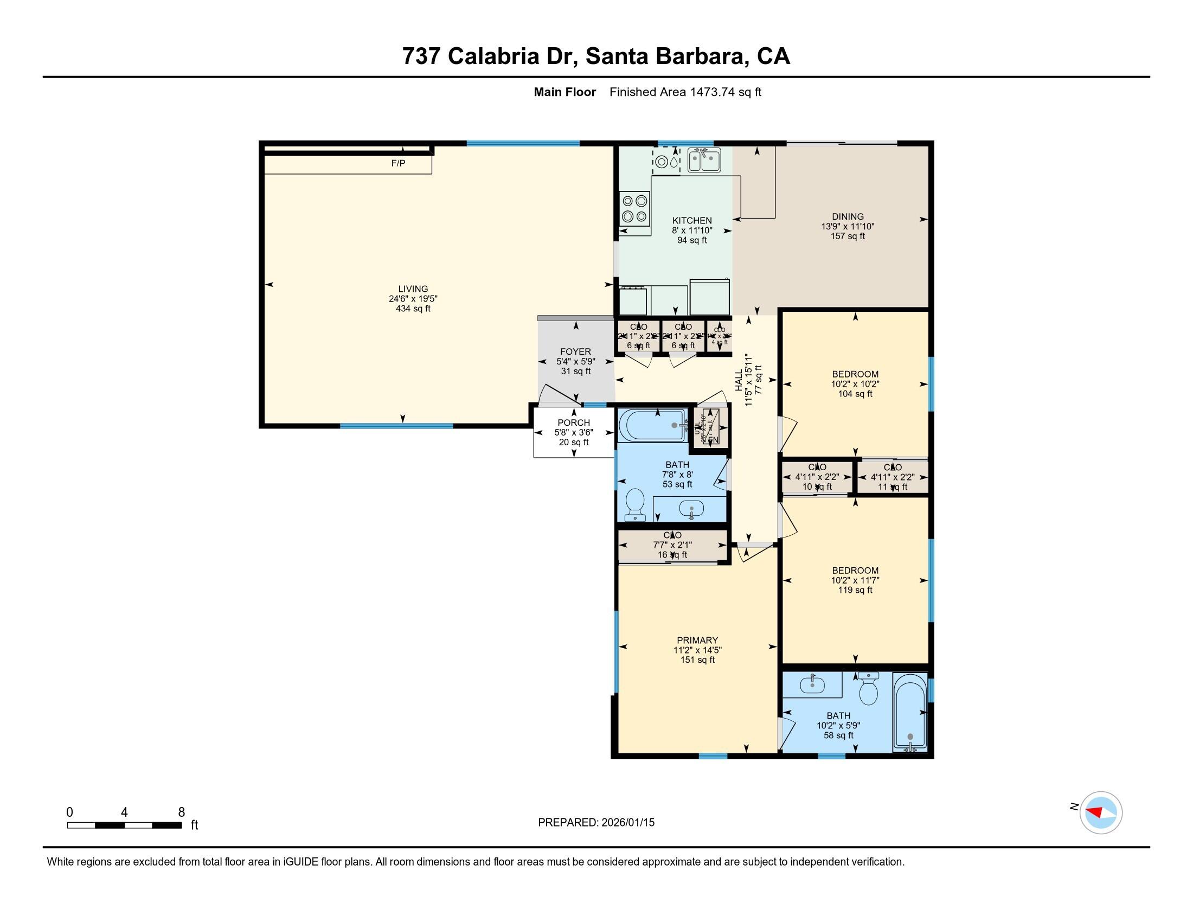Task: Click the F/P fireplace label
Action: point(397,163)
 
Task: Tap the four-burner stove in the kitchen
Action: point(635,208)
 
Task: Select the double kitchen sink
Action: point(703,161)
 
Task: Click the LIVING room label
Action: point(413,289)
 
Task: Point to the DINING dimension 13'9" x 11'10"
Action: point(847,227)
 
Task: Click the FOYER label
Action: point(575,352)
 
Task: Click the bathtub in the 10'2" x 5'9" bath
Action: point(909,712)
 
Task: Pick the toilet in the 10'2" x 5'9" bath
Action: point(868,689)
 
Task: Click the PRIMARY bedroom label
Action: point(697,640)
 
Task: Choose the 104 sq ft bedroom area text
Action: point(855,394)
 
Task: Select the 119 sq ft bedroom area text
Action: point(855,590)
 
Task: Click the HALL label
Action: point(739,380)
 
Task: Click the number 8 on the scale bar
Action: point(181,812)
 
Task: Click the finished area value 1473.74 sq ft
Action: point(725,92)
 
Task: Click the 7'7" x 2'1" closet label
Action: point(672,545)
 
